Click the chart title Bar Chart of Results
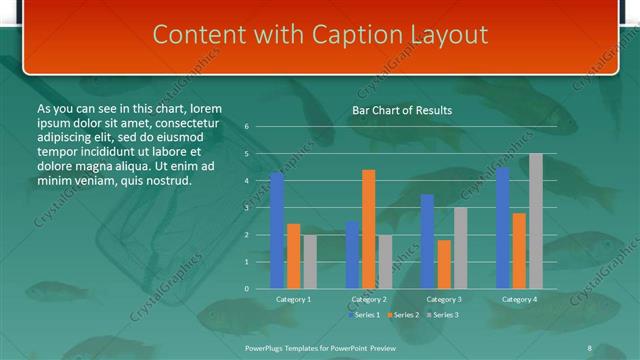click(x=401, y=110)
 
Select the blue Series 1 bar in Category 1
click(x=277, y=230)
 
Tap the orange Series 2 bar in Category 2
click(x=368, y=229)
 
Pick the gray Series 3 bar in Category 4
click(x=536, y=221)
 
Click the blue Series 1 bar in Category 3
click(x=427, y=241)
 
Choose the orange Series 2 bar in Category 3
click(x=443, y=264)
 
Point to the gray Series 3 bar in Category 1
click(x=310, y=261)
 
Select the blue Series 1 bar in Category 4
click(x=502, y=227)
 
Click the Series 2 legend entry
click(x=402, y=315)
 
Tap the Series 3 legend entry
click(x=444, y=315)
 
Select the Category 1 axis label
click(x=293, y=299)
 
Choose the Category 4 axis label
click(x=518, y=299)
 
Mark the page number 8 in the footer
click(x=589, y=347)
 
